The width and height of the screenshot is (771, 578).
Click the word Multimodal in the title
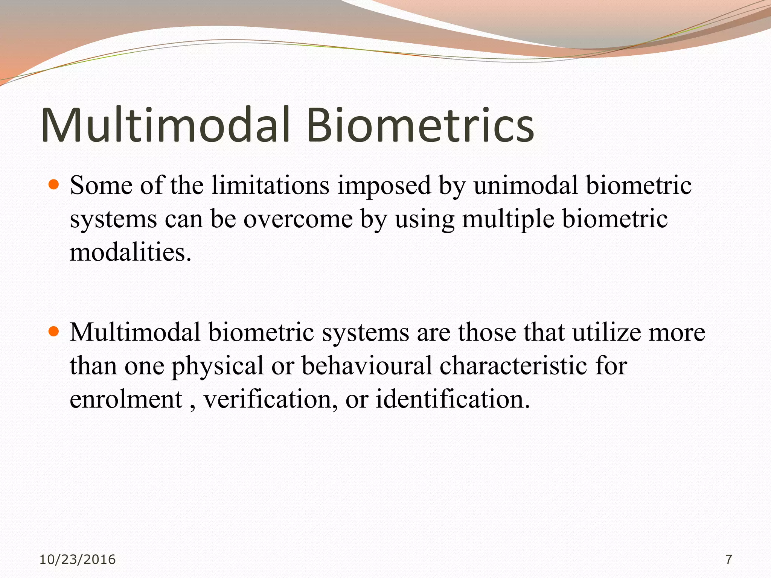click(166, 125)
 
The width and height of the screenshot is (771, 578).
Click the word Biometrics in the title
click(420, 125)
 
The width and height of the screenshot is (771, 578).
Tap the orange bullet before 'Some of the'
click(54, 184)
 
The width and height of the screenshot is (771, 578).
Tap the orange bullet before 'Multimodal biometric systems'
click(54, 332)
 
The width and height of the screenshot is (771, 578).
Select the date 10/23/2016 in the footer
click(78, 560)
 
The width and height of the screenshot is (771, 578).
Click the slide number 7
click(729, 560)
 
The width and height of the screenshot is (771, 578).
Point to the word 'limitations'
click(270, 186)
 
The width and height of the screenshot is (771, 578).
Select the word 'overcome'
click(298, 219)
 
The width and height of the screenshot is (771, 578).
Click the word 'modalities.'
click(131, 252)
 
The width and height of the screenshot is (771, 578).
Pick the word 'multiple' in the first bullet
click(508, 219)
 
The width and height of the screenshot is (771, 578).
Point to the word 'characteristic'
click(513, 366)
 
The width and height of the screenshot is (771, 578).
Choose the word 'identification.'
click(453, 399)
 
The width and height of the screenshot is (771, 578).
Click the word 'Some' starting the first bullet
click(101, 186)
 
